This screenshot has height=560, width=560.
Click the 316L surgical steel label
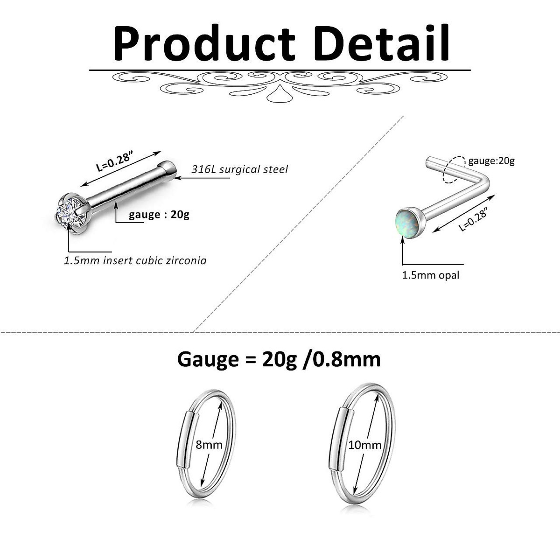(239, 169)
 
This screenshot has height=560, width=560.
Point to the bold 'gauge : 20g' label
(159, 215)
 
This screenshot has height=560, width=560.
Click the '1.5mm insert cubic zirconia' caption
(135, 260)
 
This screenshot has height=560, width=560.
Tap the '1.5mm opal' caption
(431, 275)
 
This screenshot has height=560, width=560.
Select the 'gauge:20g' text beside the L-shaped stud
(491, 161)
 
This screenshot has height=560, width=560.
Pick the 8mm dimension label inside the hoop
(209, 444)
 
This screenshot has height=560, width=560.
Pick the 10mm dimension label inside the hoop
(365, 445)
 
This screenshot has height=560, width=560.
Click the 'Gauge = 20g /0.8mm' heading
(279, 359)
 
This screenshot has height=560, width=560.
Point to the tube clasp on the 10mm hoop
(338, 436)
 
